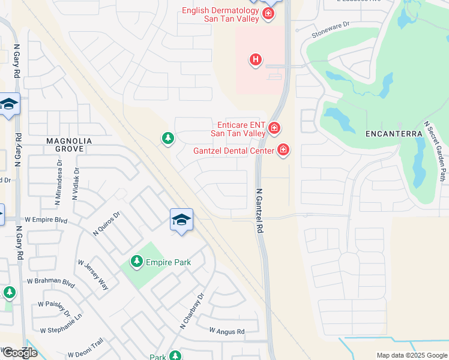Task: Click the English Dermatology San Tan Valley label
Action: tap(220, 14)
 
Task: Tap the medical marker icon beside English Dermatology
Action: tap(268, 14)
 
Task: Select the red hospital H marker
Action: tap(256, 59)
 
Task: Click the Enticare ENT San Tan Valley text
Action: tap(237, 128)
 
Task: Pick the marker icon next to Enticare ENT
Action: tap(274, 127)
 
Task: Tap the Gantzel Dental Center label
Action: tap(234, 151)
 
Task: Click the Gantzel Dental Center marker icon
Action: tap(283, 150)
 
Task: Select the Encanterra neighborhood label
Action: tap(390, 134)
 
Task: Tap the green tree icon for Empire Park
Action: tap(137, 261)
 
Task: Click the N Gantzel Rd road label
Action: tap(260, 211)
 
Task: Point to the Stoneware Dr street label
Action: tap(330, 31)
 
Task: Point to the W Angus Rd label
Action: tap(227, 331)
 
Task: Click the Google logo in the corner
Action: tap(19, 353)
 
